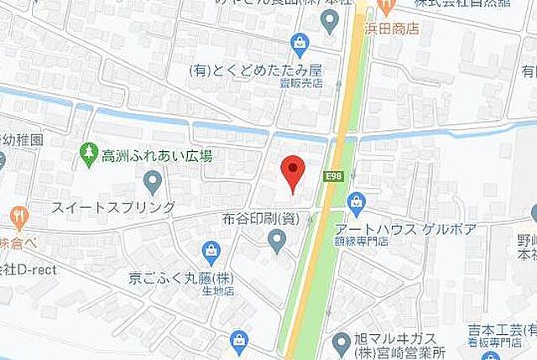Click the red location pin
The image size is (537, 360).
tap(291, 171)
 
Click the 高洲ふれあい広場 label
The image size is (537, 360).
tap(156, 154)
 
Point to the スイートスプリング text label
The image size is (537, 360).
tap(113, 206)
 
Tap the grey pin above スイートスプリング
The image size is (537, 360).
tap(152, 180)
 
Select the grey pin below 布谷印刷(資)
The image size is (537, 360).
tap(276, 243)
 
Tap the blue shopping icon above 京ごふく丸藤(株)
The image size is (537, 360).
tap(211, 250)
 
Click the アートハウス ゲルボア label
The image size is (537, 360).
tap(405, 229)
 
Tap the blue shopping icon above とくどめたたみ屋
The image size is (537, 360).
tap(300, 42)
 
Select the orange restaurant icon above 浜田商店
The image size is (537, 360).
tap(385, 7)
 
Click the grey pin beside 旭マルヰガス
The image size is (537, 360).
tap(340, 342)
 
